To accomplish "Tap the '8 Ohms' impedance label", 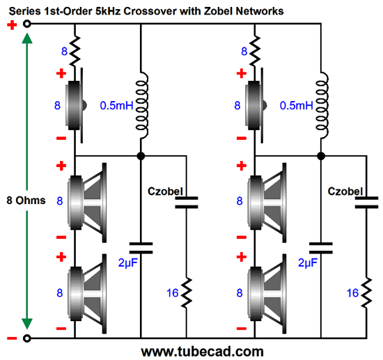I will click(x=24, y=201).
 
